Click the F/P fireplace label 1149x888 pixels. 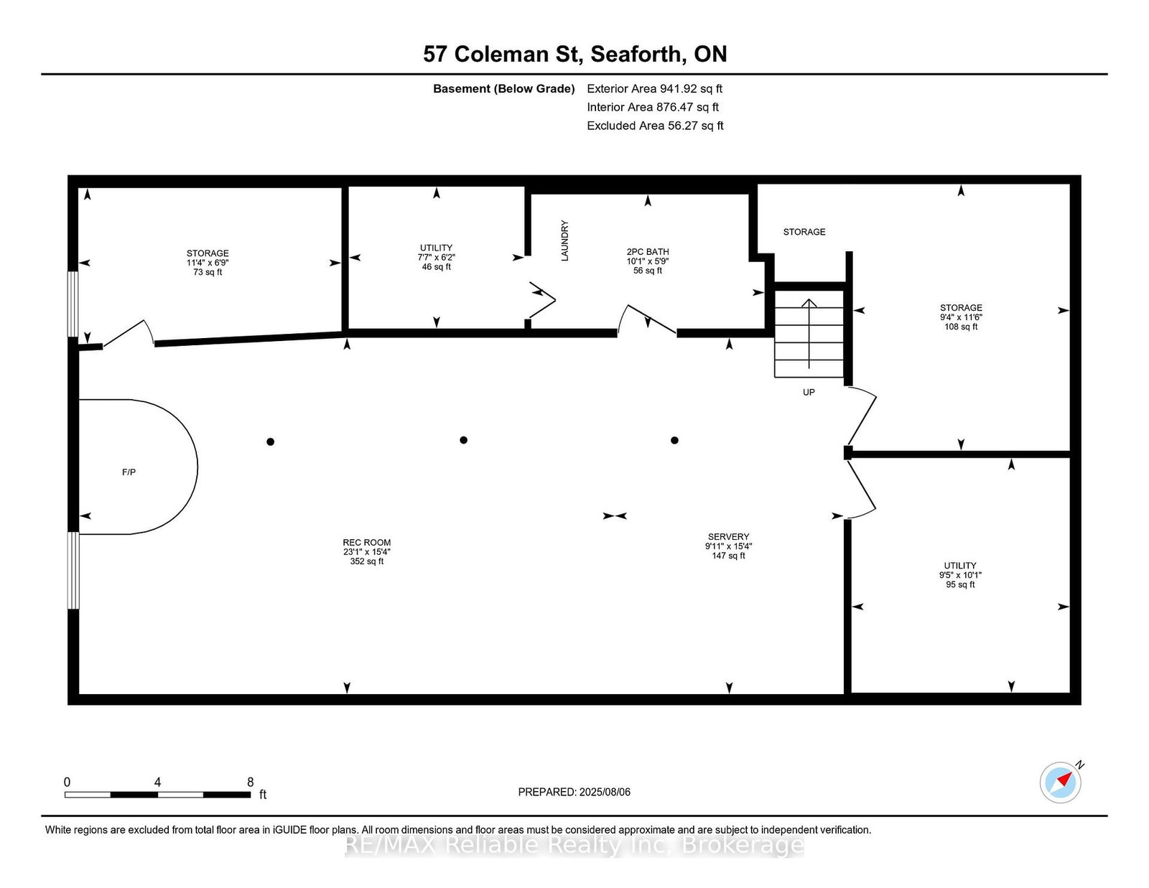129,472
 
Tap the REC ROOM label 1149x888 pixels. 366,542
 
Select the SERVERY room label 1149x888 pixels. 729,536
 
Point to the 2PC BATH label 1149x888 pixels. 648,251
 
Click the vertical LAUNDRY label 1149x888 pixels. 564,240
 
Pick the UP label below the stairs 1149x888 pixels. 809,392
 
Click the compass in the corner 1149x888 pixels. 1060,782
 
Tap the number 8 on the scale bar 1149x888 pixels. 250,782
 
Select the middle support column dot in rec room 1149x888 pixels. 464,440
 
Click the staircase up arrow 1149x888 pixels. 809,334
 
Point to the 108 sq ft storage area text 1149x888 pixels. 961,327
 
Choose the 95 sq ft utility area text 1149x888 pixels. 960,584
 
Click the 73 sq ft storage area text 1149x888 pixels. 208,272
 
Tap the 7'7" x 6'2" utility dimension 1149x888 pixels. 436,258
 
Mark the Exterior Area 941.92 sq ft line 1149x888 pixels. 655,89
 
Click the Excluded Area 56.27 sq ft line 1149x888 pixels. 655,126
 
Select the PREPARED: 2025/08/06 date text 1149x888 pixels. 574,792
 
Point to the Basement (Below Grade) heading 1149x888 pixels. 504,89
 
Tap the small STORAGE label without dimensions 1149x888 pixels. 804,232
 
